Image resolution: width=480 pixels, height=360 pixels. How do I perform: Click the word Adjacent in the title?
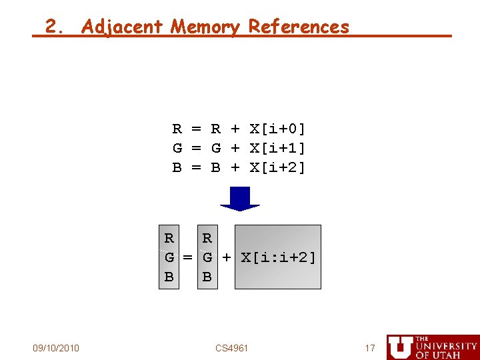tap(122, 27)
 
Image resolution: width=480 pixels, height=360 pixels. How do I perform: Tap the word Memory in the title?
tap(205, 27)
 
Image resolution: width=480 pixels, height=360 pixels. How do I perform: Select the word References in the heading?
tap(299, 27)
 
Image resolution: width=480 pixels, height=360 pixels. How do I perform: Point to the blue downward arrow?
tap(239, 199)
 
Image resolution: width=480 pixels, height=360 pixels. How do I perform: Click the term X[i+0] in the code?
tap(278, 129)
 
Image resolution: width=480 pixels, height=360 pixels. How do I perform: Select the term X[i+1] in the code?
tap(278, 148)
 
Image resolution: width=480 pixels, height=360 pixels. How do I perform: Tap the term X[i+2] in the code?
tap(278, 167)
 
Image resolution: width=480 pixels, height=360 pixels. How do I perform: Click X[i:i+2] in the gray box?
tap(278, 257)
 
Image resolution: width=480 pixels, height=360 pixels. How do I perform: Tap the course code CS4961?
tap(232, 348)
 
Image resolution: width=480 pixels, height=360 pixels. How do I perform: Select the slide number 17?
tap(370, 348)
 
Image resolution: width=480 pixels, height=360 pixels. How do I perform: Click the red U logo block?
tap(400, 347)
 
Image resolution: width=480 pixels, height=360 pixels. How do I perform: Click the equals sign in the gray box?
tap(188, 257)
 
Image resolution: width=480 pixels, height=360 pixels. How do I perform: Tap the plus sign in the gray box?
tap(227, 257)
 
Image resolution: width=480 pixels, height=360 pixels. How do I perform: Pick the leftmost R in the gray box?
tap(169, 239)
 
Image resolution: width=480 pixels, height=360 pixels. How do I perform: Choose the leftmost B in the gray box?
tap(169, 277)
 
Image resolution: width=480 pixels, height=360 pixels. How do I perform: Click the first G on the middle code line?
tap(177, 148)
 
